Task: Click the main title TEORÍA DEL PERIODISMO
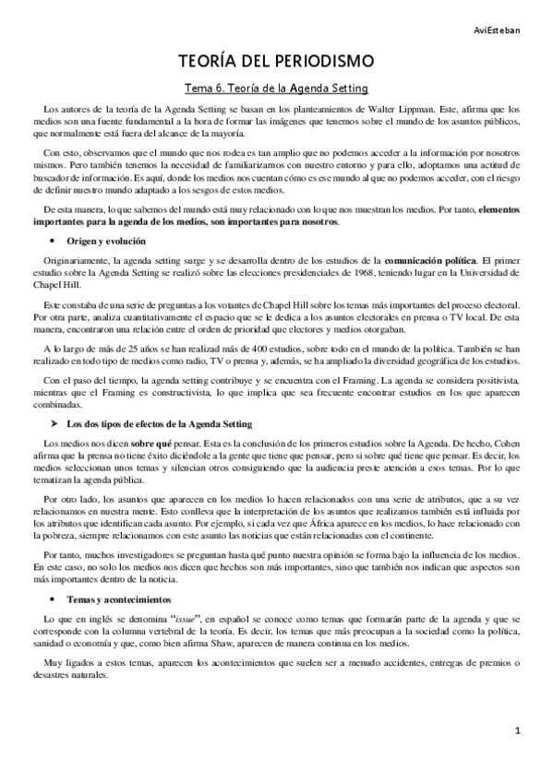coord(277,62)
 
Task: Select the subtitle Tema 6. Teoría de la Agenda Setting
coord(277,89)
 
